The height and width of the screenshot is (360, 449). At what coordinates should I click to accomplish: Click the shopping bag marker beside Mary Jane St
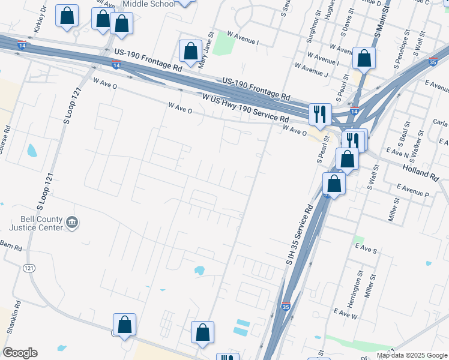point(191,52)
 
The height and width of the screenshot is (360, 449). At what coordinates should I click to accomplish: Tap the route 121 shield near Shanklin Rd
point(28,268)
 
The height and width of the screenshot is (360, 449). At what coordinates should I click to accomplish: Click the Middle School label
point(149,4)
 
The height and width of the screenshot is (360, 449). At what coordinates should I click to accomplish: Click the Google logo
point(20,353)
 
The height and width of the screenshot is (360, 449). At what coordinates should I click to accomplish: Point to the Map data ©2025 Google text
point(412,355)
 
